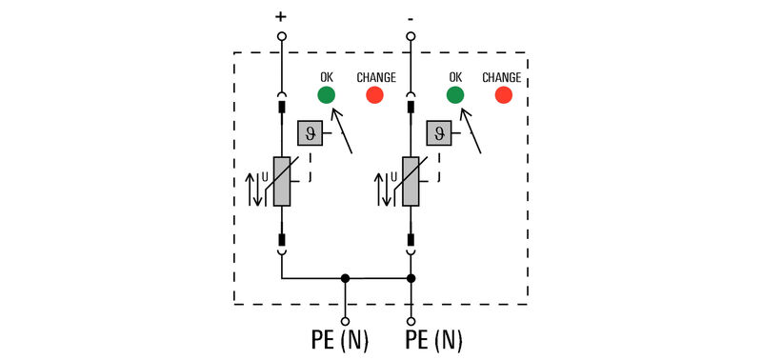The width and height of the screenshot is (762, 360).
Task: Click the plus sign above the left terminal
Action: [281, 16]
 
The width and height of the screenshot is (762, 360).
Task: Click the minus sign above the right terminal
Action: [411, 16]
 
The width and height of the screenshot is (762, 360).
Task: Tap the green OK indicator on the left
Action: [326, 94]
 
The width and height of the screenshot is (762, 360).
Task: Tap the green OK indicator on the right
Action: [455, 94]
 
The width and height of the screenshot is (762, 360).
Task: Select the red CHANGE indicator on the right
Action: [503, 94]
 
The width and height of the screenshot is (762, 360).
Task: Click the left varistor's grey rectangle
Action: [282, 181]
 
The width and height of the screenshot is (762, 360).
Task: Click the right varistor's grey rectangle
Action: [411, 181]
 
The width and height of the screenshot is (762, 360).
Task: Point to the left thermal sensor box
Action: [309, 133]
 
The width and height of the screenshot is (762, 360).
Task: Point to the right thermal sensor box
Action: [438, 133]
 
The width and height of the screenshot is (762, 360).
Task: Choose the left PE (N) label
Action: [339, 340]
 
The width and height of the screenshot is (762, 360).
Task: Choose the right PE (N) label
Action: [434, 340]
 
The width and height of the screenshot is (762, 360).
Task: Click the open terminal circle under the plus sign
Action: [281, 36]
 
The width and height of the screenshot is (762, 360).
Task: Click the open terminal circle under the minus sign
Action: [411, 36]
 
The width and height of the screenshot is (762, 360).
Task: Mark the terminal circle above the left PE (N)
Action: [346, 321]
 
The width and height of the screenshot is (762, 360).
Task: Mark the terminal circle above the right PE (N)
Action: [411, 321]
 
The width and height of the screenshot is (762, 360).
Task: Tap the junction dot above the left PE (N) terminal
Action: [346, 279]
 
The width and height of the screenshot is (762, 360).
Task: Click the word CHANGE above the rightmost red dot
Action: [501, 76]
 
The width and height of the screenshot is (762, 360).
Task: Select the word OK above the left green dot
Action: [326, 76]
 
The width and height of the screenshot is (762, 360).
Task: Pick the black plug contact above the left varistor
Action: [282, 108]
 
